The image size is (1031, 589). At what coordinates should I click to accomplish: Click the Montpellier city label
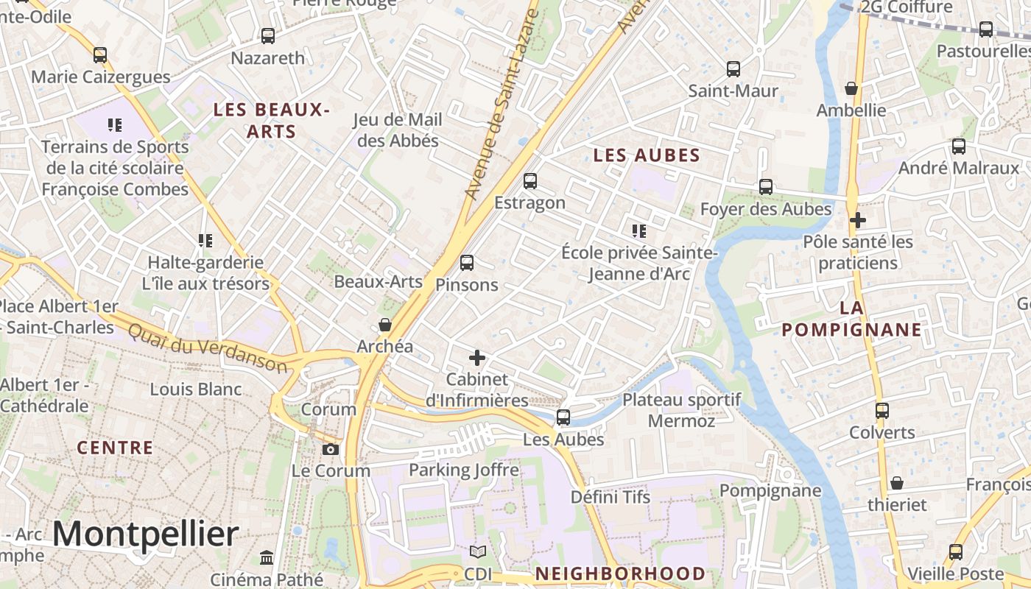146,534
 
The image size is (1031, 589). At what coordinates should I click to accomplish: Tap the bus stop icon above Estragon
529,181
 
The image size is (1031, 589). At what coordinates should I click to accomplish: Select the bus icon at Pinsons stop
466,263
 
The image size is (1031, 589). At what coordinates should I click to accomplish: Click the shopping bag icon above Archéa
384,325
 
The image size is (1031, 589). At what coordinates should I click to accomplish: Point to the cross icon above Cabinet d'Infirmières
477,358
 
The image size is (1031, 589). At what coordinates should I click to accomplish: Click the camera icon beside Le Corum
331,449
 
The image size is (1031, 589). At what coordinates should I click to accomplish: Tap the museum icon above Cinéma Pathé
267,557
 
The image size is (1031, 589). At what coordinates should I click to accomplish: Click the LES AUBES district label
647,155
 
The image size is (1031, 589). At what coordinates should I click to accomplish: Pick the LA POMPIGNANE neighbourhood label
851,318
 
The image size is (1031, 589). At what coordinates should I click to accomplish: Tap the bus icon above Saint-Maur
733,69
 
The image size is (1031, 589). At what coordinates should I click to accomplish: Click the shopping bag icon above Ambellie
851,88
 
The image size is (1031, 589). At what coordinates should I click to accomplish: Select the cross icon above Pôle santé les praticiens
857,220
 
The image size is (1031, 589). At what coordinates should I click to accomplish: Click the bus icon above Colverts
882,411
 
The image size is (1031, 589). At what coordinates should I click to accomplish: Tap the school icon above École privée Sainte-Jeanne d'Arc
638,231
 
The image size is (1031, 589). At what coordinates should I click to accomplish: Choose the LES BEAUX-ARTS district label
270,121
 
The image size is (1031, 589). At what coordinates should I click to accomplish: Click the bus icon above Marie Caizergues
100,55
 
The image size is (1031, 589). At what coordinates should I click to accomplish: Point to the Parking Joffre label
464,470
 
